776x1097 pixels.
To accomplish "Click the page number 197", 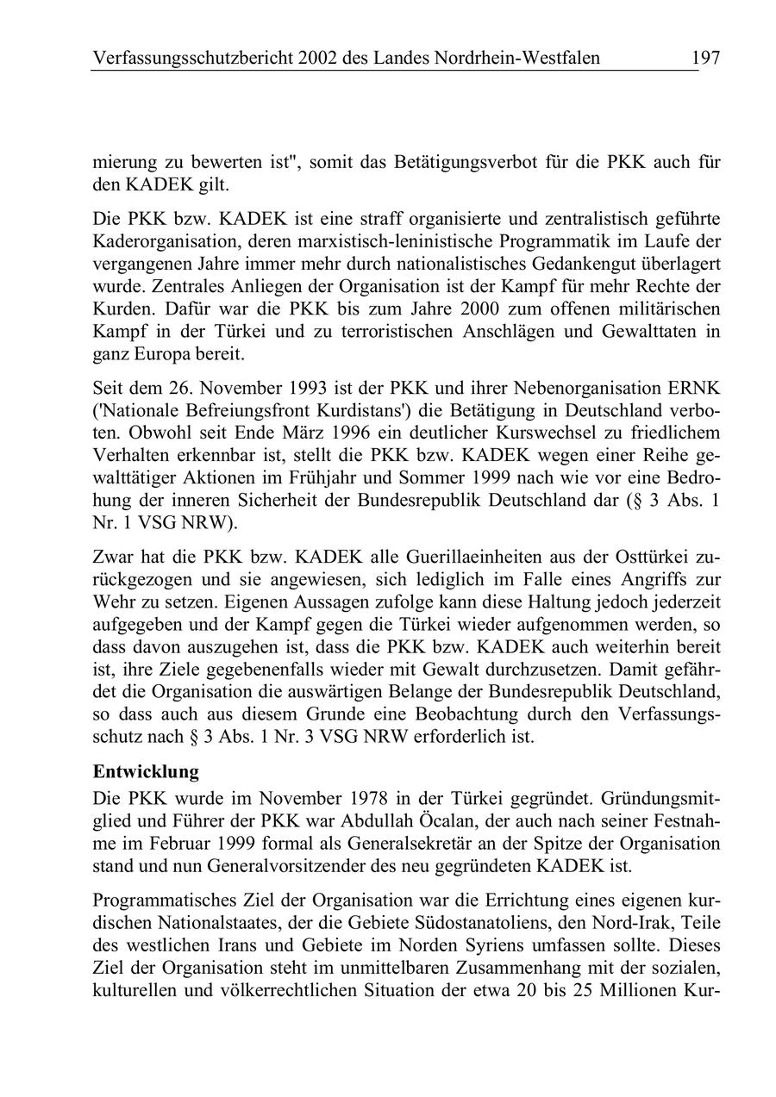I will pyautogui.click(x=704, y=58).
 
